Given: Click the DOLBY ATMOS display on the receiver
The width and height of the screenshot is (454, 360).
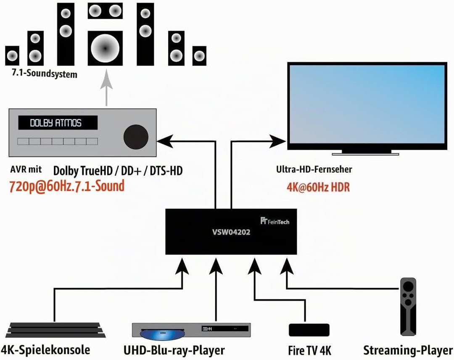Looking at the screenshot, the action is [x=58, y=123].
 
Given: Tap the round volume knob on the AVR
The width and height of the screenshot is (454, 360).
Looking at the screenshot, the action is [x=136, y=137].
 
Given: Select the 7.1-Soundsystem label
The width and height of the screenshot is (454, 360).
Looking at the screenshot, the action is [x=45, y=73].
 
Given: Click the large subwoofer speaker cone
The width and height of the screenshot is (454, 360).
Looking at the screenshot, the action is [x=105, y=48].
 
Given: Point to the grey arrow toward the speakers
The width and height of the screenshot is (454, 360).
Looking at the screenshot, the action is [x=106, y=87].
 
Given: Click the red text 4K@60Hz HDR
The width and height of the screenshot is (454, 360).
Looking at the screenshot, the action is [x=318, y=187].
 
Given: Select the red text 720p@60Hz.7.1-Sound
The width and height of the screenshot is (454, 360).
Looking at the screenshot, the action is [x=67, y=186].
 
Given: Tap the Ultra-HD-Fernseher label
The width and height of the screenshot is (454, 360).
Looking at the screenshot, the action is [x=314, y=169].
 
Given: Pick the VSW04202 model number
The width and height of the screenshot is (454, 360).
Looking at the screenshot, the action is [x=231, y=232].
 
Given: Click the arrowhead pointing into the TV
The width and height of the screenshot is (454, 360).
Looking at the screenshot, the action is [x=277, y=142].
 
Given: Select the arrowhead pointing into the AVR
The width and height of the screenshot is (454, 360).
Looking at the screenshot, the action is [x=165, y=142].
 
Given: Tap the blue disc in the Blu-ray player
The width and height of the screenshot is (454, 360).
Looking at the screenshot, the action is [x=162, y=335].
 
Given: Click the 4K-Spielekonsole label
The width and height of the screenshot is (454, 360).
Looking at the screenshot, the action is [x=45, y=350].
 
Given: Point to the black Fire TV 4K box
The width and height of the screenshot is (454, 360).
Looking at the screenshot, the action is [x=309, y=330].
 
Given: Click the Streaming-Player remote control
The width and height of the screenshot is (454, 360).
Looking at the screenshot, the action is [x=408, y=307].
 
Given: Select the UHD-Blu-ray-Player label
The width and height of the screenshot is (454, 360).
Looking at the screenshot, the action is [x=174, y=350].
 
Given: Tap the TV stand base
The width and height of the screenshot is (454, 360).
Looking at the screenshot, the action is [x=365, y=154].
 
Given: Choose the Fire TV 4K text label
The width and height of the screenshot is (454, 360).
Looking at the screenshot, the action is [x=309, y=350].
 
